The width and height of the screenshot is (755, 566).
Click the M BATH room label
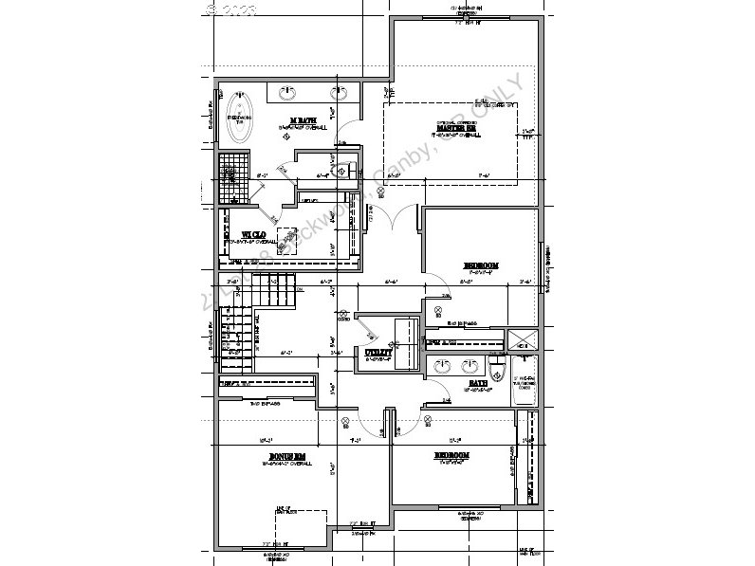302,119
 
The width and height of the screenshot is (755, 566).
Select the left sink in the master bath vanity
287,93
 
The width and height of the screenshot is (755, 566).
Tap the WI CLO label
252,233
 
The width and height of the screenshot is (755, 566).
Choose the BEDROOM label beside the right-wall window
482,265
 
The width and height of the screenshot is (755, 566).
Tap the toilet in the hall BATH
496,368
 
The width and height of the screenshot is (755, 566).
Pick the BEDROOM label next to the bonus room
452,456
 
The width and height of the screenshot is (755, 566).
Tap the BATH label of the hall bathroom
476,384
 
